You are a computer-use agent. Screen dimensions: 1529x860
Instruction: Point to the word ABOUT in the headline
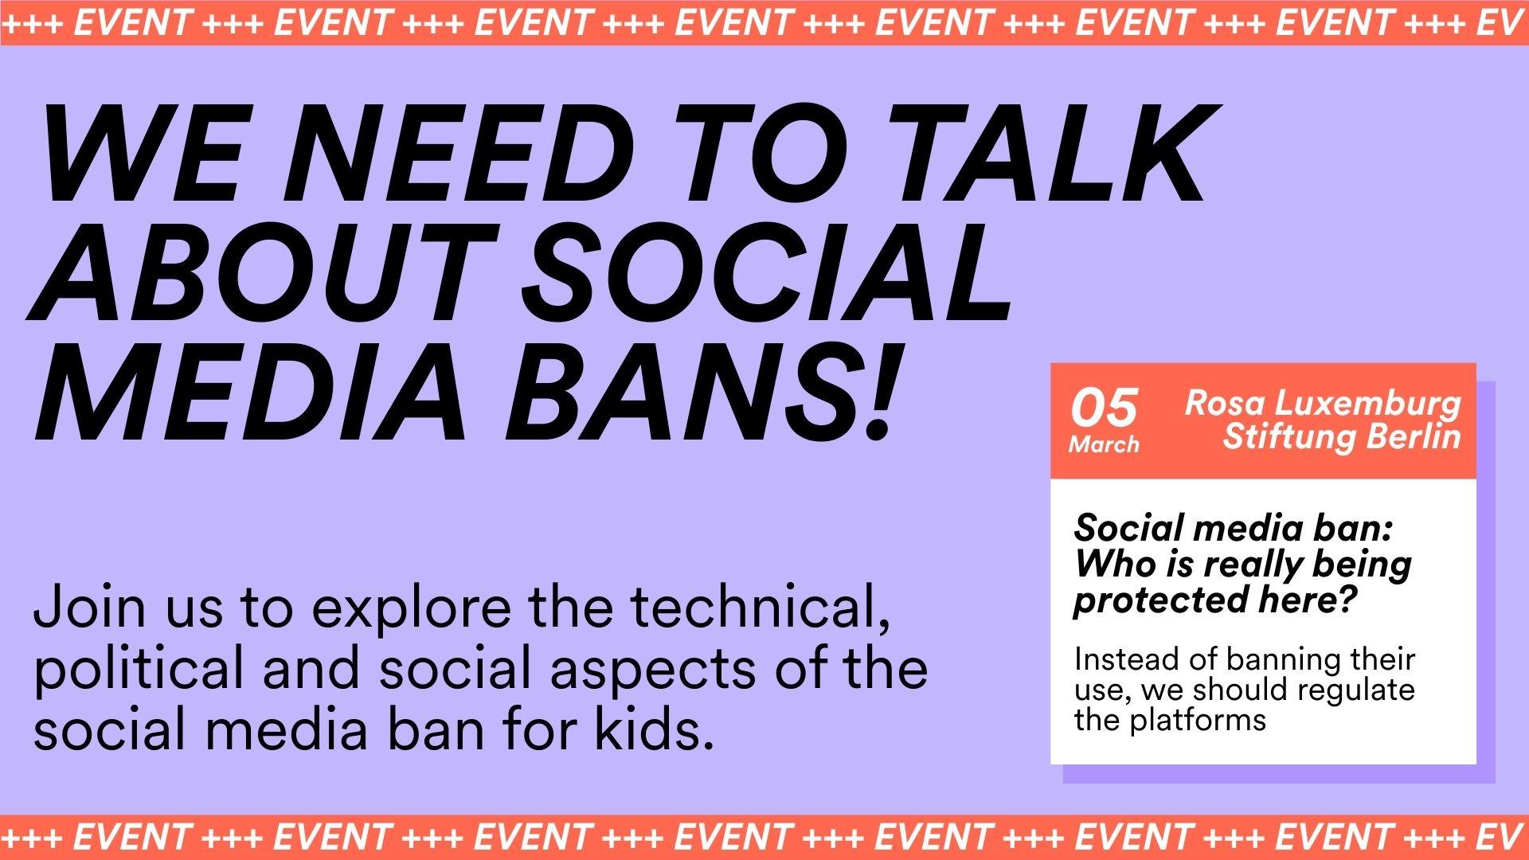click(256, 273)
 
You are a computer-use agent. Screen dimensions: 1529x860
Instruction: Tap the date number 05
click(1104, 408)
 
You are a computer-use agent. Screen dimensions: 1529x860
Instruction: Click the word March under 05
click(1104, 444)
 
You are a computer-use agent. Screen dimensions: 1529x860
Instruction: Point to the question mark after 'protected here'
click(1347, 599)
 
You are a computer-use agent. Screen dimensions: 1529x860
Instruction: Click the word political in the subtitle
click(138, 670)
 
